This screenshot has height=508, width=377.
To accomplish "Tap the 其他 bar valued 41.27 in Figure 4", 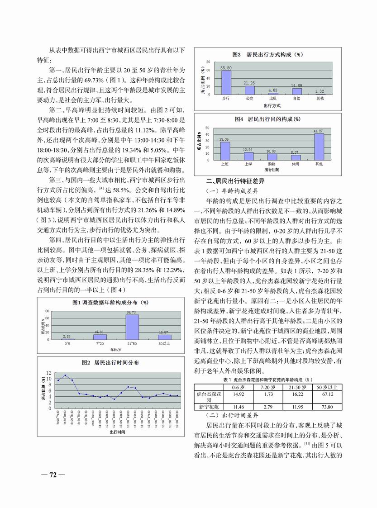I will [319, 147].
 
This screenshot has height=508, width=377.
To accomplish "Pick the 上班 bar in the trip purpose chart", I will [225, 151].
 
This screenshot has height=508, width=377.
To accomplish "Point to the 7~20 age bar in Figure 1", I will [100, 337].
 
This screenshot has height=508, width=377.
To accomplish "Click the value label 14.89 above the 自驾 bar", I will [296, 85].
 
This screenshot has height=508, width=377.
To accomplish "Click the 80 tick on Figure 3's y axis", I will [208, 62].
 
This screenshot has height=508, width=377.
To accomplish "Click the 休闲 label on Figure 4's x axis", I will [296, 164].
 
